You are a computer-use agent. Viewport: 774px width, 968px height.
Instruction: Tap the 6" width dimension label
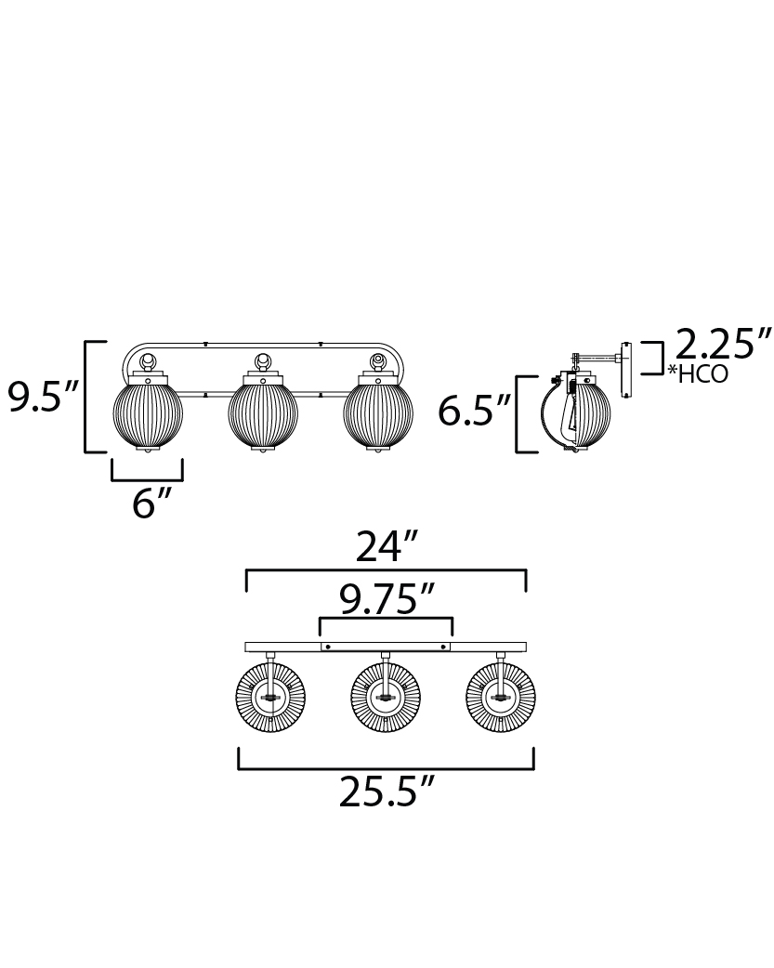click(151, 503)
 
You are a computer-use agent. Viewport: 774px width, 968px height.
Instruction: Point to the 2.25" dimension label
click(723, 343)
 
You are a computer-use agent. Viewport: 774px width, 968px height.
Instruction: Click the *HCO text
click(698, 374)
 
